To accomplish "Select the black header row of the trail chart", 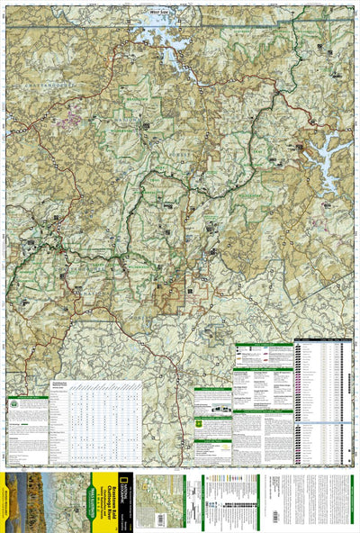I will [322, 342].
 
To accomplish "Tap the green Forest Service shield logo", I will [200, 422].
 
